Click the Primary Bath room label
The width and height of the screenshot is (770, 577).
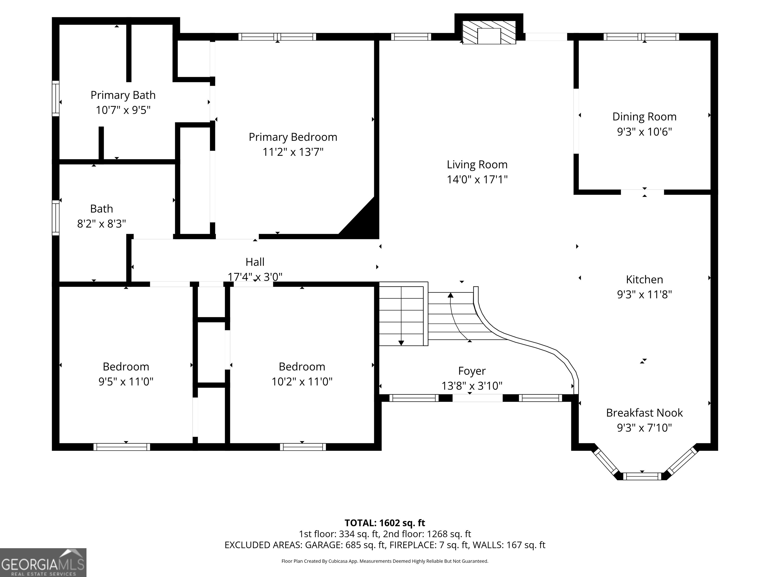click(x=123, y=95)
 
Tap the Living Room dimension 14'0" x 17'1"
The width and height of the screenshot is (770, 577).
click(x=477, y=180)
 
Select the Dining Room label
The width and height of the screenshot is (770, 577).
click(x=644, y=116)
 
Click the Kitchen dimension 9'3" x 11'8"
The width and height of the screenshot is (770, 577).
click(x=644, y=295)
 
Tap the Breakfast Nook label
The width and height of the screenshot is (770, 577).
click(x=644, y=413)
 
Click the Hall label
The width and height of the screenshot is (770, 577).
click(x=255, y=262)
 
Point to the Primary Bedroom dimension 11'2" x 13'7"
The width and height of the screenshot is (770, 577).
click(x=293, y=152)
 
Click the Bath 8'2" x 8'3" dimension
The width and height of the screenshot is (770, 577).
click(x=101, y=224)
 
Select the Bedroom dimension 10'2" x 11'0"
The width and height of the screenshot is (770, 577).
click(x=302, y=382)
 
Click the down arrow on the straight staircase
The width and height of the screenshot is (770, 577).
click(x=401, y=343)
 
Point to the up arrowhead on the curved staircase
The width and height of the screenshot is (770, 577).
click(x=450, y=295)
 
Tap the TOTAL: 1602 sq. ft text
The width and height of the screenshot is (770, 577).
click(x=385, y=523)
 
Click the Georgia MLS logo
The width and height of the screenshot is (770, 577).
click(x=43, y=562)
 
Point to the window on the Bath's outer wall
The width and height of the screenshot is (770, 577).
click(x=55, y=217)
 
